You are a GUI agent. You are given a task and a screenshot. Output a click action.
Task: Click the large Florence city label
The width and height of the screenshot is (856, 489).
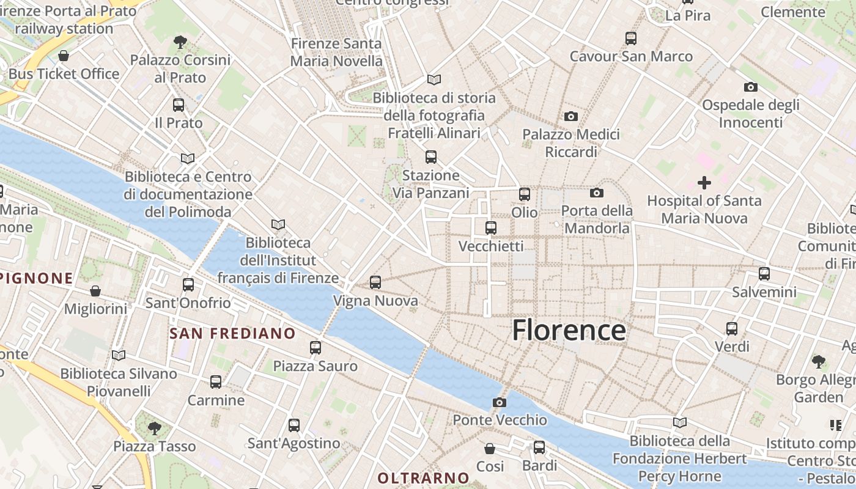click(x=569, y=330)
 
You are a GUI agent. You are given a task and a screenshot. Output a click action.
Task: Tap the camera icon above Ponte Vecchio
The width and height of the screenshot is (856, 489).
click(x=500, y=402)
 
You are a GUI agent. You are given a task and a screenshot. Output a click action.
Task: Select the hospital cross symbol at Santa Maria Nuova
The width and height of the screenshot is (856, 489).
click(x=704, y=182)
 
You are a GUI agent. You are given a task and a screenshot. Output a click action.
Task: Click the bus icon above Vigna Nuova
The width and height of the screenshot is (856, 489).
click(x=375, y=282)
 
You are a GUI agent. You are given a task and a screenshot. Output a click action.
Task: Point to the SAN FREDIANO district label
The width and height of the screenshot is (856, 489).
click(x=232, y=334)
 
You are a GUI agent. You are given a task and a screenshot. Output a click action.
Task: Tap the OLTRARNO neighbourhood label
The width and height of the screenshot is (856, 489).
click(x=423, y=478)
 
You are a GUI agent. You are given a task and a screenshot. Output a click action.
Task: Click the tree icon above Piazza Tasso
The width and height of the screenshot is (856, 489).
click(x=155, y=427)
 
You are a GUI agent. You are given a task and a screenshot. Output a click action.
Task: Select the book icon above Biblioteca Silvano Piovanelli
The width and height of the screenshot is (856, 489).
click(x=119, y=355)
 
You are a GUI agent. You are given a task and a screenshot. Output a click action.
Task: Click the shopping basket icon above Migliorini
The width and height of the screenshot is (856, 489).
click(x=95, y=290)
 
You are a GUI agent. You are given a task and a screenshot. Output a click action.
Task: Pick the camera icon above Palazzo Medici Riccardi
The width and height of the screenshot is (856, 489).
click(x=571, y=116)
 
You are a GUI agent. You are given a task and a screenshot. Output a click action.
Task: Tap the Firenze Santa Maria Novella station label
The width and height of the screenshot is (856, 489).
click(x=336, y=52)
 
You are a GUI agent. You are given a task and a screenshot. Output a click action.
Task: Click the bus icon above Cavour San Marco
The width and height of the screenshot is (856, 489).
click(x=631, y=39)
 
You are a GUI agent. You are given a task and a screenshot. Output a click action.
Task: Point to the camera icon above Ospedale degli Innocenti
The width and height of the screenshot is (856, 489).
click(x=751, y=87)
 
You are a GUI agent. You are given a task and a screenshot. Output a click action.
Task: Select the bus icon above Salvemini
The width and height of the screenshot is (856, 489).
click(x=764, y=273)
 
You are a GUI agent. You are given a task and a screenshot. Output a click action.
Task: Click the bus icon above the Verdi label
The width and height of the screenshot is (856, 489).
click(x=732, y=328)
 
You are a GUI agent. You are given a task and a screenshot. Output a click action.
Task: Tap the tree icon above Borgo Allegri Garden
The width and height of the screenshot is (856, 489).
click(x=819, y=361)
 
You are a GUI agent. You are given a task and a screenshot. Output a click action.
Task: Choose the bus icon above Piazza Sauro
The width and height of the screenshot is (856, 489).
click(x=315, y=347)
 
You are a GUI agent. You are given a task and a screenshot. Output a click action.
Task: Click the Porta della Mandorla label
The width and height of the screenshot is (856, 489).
click(x=597, y=219)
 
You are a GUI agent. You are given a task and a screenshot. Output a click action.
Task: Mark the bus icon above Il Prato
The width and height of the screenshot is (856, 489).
click(x=179, y=105)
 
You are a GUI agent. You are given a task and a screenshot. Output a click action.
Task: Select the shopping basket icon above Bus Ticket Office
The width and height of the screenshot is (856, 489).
click(x=64, y=56)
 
